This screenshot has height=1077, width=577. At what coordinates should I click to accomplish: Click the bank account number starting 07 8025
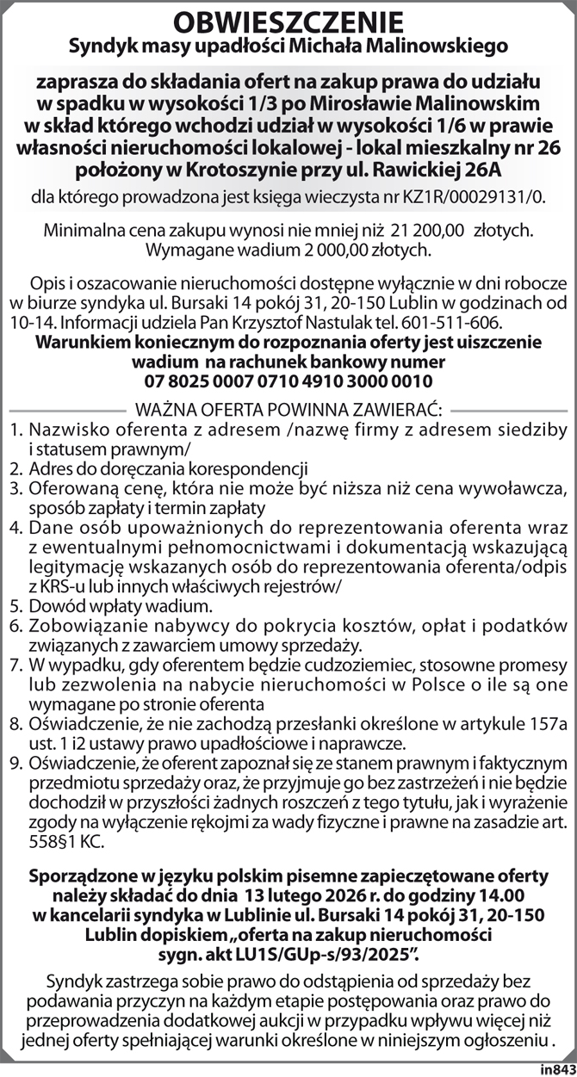click(288, 380)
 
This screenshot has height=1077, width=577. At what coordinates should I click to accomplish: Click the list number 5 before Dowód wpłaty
click(16, 608)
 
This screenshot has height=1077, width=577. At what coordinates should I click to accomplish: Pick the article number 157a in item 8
click(548, 725)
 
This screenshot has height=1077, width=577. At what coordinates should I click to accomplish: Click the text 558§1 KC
click(67, 839)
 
